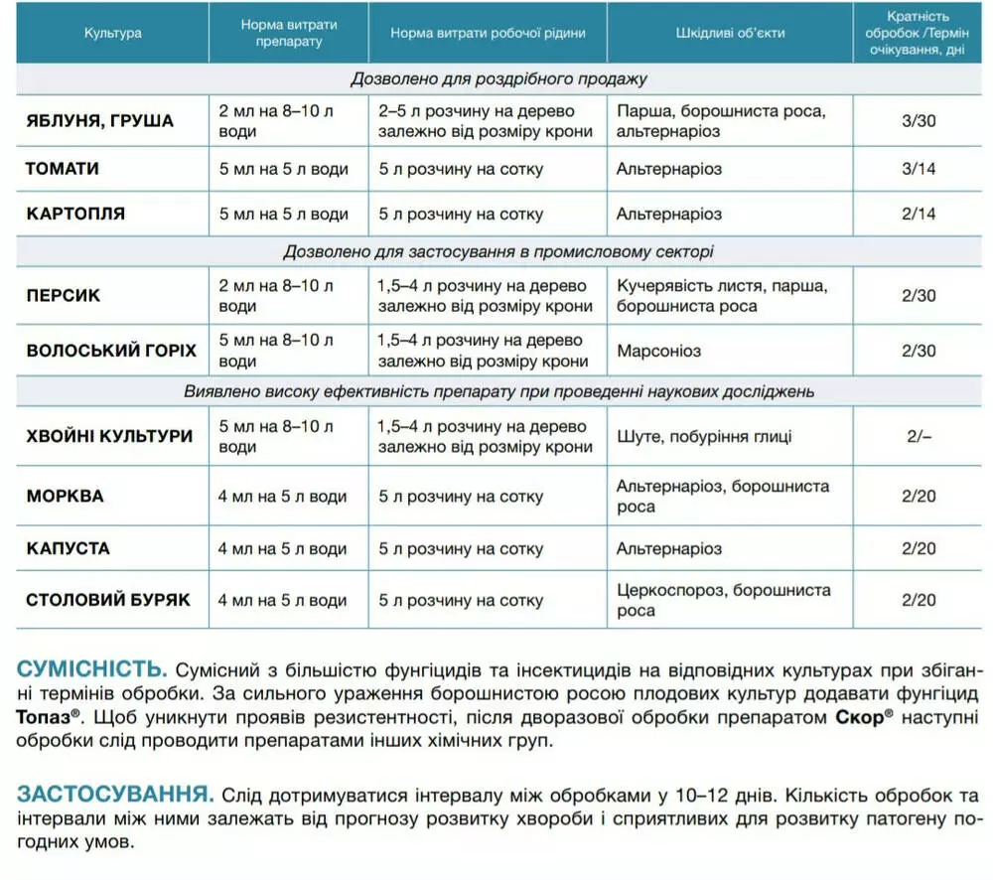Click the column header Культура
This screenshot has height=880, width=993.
point(112,33)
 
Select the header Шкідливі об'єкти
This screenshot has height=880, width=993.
point(730,33)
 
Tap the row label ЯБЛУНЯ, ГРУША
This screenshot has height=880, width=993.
point(99,121)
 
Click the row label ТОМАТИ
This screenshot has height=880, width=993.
point(63,169)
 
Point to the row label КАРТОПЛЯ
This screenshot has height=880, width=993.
point(75,215)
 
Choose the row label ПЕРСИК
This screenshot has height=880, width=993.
point(63,296)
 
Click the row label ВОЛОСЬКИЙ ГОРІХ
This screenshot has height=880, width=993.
point(111,351)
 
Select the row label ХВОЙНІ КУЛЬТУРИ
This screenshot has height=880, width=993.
point(109,437)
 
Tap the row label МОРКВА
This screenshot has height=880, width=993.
point(65,497)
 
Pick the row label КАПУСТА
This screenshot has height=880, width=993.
point(68,548)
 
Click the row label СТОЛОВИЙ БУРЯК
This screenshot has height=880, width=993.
point(107,600)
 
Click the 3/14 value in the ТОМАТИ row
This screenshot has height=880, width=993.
point(919,169)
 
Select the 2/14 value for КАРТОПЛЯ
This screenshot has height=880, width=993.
point(919,215)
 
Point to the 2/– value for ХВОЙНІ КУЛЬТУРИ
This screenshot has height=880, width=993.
point(919,437)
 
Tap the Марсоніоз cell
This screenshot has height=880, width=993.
point(658,351)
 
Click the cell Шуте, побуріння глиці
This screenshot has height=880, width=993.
point(704,437)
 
